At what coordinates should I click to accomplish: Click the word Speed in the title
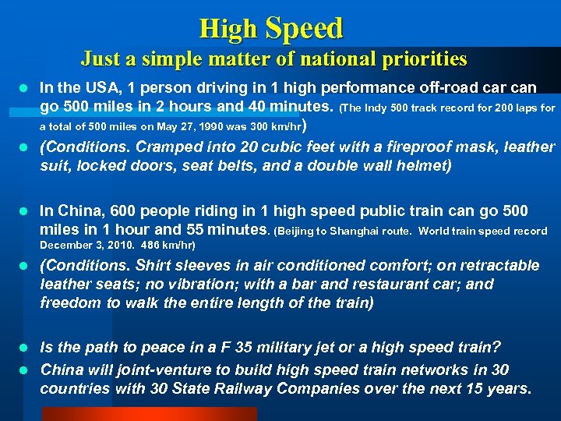(x=304, y=29)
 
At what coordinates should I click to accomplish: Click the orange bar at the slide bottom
(x=129, y=414)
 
